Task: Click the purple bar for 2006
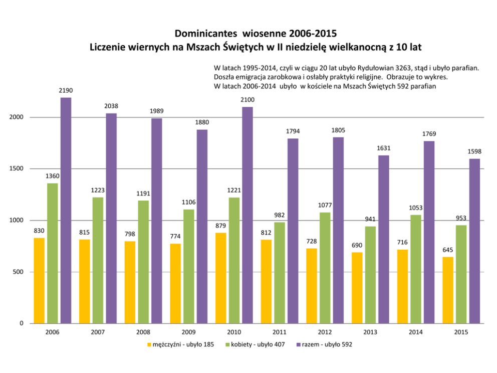pos(66,211)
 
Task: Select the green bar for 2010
pos(234,260)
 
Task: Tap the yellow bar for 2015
pos(448,290)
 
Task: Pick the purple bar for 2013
pos(383,239)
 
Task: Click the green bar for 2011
pos(280,273)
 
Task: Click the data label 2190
pos(66,91)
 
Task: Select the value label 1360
pos(52,176)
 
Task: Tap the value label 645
pos(448,250)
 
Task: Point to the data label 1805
pos(338,130)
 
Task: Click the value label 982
pos(280,215)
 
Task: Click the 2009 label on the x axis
pos(188,332)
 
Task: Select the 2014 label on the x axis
pos(415,332)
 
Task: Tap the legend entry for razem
pos(324,345)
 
